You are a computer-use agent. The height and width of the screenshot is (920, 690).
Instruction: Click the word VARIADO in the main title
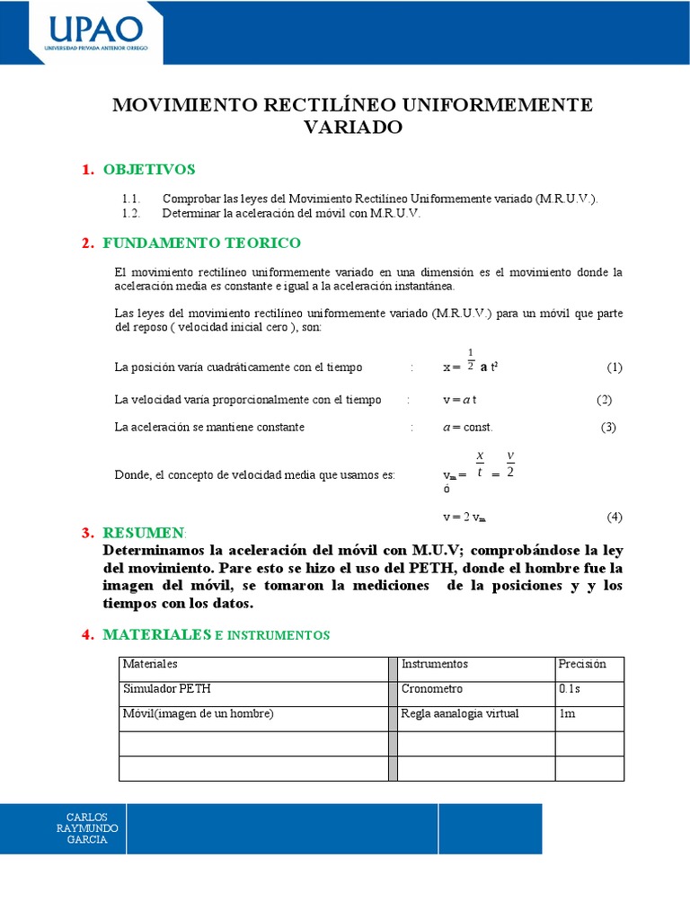[x=352, y=128]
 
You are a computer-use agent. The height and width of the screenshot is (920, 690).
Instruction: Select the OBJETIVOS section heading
[x=149, y=170]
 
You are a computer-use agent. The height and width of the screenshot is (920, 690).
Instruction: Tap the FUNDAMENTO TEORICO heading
[x=202, y=243]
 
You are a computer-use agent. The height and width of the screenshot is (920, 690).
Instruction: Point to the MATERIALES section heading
[x=159, y=634]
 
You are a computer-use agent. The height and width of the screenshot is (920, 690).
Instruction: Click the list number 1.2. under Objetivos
[x=131, y=214]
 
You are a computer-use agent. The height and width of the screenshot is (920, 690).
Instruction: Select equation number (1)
[x=614, y=367]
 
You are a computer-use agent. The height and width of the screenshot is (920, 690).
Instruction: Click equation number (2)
[x=604, y=400]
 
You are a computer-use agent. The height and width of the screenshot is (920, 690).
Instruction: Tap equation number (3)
[x=608, y=427]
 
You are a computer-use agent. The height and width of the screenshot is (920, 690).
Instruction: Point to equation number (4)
[x=614, y=517]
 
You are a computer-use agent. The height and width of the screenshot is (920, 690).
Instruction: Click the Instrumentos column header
[x=435, y=664]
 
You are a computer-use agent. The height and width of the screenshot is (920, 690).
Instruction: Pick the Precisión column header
[x=582, y=664]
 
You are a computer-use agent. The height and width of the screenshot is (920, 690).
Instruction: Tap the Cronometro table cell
[x=432, y=689]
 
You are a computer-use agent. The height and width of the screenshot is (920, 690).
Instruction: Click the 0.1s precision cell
[x=570, y=689]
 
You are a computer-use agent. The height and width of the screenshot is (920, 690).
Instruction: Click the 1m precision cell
[x=567, y=714]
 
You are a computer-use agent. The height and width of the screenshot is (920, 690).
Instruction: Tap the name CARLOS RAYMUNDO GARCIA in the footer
[x=82, y=828]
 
